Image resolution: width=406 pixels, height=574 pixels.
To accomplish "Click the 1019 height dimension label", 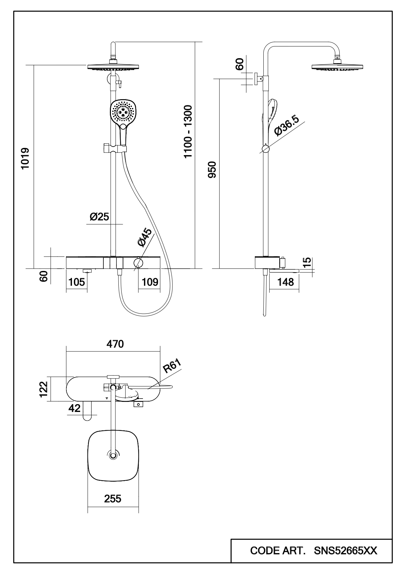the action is point(25,159).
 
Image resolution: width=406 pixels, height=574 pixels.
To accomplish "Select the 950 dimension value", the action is point(212,170).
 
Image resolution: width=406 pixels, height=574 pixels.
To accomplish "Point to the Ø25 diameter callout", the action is point(99,217).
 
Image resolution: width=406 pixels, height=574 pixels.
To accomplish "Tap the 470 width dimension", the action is point(115,344).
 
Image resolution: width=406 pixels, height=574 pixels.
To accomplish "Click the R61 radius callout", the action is point(172,366).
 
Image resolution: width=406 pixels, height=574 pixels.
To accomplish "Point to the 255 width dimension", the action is point(113,499).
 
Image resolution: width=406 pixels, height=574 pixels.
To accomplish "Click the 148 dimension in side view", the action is point(286,282).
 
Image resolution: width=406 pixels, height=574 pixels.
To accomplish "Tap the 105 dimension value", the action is point(77,282).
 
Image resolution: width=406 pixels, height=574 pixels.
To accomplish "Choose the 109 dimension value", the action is point(150,282).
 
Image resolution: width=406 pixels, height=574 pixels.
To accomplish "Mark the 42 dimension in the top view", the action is point(75,408).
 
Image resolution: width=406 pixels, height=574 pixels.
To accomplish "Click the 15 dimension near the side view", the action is point(307,263).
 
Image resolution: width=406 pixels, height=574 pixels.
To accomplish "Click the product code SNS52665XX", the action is point(345,550).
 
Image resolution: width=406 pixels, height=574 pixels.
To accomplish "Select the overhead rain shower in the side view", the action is point(337,66).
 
